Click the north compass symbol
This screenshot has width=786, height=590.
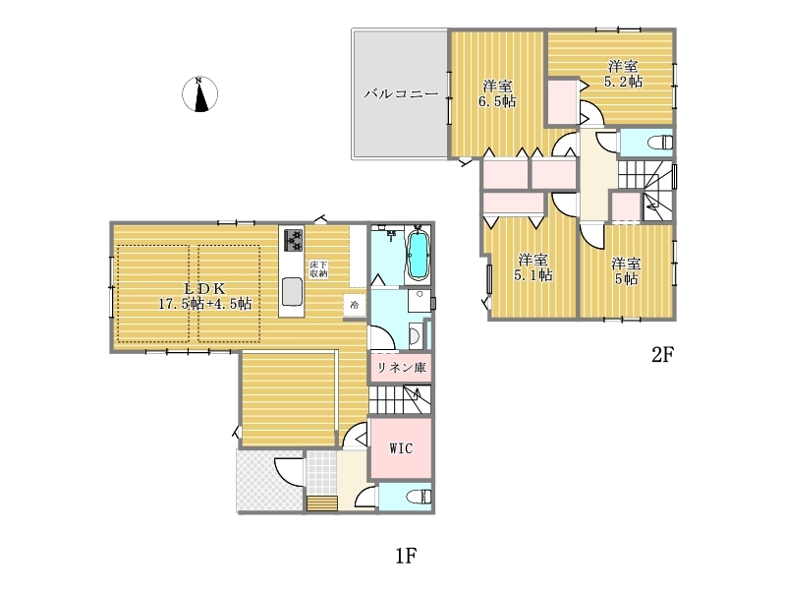pyautogui.click(x=199, y=93)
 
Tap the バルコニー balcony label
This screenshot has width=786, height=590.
pyautogui.click(x=401, y=93)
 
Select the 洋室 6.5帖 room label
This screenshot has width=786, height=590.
pyautogui.click(x=497, y=93)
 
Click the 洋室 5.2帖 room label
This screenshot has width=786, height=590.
pyautogui.click(x=623, y=74)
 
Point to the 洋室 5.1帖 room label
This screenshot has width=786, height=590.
pyautogui.click(x=533, y=267)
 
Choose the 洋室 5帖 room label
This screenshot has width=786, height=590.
pyautogui.click(x=626, y=271)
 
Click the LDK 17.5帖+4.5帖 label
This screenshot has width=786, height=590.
pyautogui.click(x=205, y=296)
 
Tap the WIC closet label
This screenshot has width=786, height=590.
pyautogui.click(x=402, y=447)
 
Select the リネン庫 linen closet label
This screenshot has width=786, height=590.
pyautogui.click(x=402, y=368)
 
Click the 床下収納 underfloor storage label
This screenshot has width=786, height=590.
pyautogui.click(x=318, y=268)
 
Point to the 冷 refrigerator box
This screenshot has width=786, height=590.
pyautogui.click(x=355, y=305)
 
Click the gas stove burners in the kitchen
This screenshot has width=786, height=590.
pyautogui.click(x=293, y=240)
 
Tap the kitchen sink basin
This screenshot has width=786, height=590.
pyautogui.click(x=292, y=291)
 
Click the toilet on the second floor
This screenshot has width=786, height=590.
pyautogui.click(x=660, y=143)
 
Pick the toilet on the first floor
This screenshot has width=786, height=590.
pyautogui.click(x=419, y=497)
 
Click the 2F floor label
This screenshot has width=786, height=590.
pyautogui.click(x=662, y=355)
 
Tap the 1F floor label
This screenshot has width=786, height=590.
pyautogui.click(x=406, y=556)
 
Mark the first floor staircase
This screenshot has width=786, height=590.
pyautogui.click(x=401, y=399)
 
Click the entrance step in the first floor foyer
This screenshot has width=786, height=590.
pyautogui.click(x=321, y=503)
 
